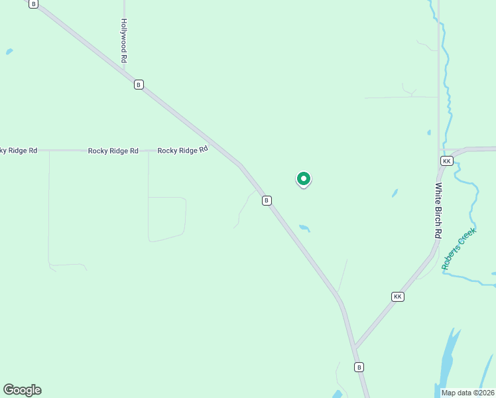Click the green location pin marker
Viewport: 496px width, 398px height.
pos(304,179)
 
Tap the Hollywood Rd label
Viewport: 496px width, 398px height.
pos(124,40)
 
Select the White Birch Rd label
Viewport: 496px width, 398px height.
pos(438,210)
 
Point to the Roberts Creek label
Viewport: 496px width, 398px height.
pos(459,249)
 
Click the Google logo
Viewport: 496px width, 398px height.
pos(22,390)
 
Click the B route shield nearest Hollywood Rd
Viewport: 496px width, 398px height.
pos(139,84)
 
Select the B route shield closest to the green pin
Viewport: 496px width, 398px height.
pos(267,200)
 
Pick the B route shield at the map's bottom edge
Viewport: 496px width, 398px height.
pos(359,367)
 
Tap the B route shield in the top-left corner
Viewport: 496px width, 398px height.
pos(34,3)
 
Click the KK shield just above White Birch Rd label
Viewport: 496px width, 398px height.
pos(446,161)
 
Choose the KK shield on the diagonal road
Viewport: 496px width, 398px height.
pos(397,297)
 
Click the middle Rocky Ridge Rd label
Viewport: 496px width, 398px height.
pos(113,151)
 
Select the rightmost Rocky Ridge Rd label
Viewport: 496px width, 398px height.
pos(183,151)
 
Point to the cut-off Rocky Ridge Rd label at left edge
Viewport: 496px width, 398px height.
pos(18,151)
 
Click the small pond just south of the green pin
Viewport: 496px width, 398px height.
pos(304,228)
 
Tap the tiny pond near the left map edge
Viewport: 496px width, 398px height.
pos(9,51)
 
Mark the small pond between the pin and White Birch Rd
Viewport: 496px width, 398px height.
pos(395,194)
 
